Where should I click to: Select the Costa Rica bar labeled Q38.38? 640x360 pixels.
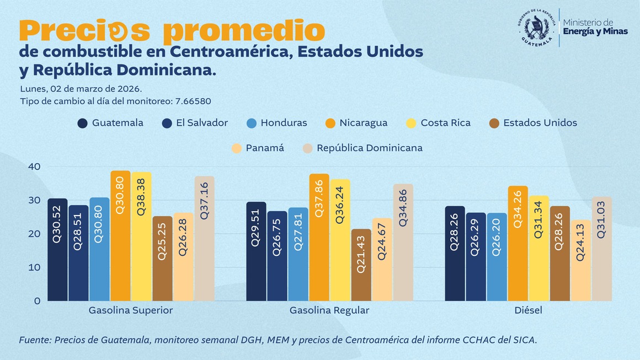coord(141,237)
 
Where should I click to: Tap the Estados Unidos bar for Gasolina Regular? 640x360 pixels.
coord(361,265)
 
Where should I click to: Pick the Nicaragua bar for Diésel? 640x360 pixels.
coord(518,244)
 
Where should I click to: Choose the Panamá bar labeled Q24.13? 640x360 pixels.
coord(580,261)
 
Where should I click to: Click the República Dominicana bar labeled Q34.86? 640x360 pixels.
coord(403,243)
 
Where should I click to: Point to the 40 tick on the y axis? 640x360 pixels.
coord(34,166)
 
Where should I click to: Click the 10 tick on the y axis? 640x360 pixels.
coord(34,267)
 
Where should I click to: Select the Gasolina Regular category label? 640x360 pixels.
coord(329,310)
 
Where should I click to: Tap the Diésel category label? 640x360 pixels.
coord(528,310)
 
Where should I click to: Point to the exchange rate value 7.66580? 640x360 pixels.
coord(193,101)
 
